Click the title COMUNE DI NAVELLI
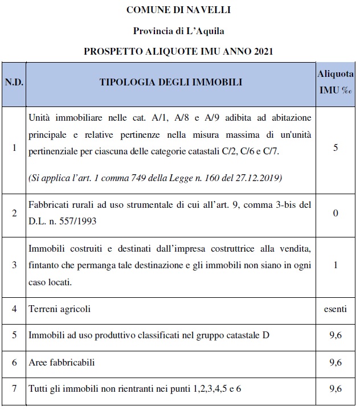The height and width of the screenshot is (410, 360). [178, 10]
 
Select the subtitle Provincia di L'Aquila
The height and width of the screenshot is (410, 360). [178, 30]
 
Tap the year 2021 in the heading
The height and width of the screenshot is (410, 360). [263, 51]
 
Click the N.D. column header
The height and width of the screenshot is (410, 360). [14, 82]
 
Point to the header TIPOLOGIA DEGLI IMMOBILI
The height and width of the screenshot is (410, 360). [170, 82]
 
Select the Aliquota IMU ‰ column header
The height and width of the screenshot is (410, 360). [336, 82]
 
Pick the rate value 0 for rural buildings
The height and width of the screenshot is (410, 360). [336, 213]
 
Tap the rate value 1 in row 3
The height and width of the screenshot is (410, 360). [336, 265]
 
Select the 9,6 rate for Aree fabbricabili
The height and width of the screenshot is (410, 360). [336, 362]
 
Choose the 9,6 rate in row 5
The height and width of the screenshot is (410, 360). [336, 335]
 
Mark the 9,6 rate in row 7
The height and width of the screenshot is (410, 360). [336, 389]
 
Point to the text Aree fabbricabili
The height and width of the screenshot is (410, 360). [62, 362]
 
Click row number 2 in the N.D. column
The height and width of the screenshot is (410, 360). [14, 213]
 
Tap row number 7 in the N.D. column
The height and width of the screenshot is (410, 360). [14, 389]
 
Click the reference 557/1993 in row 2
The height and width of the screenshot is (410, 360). [77, 221]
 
